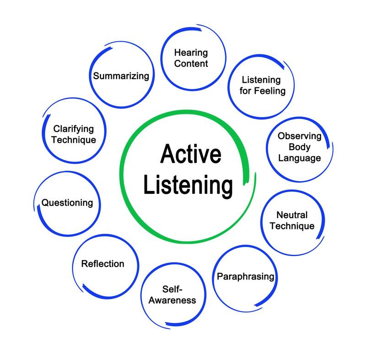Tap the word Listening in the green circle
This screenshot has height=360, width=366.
188,186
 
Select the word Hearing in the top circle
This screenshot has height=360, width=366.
190,53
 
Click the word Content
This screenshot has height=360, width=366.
191,64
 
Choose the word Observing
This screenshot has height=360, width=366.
300,136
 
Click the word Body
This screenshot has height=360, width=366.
300,147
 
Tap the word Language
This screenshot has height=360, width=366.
300,158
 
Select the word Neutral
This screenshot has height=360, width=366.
292,215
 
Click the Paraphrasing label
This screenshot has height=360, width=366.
245,276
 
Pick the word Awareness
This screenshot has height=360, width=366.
172,300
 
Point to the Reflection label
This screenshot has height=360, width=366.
102,263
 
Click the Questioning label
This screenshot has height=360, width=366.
67,202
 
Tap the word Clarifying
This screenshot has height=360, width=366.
74,129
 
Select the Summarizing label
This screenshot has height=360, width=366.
121,75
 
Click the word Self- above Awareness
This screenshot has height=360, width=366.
172,289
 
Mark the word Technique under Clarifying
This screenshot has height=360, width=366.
74,140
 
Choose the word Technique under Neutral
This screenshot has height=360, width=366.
292,226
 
